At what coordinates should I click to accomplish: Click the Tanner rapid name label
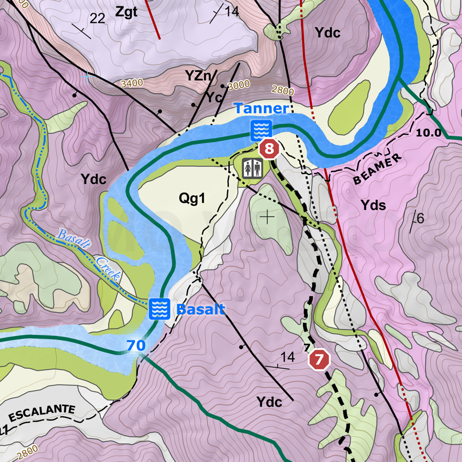pyautogui.click(x=261, y=109)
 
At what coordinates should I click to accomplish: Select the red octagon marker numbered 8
pyautogui.click(x=269, y=148)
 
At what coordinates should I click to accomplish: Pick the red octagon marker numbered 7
pyautogui.click(x=319, y=360)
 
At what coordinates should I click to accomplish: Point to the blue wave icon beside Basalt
pyautogui.click(x=159, y=309)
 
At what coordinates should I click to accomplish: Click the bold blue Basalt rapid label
pyautogui.click(x=200, y=309)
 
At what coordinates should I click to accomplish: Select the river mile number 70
pyautogui.click(x=136, y=345)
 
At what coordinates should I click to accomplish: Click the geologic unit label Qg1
pyautogui.click(x=192, y=199)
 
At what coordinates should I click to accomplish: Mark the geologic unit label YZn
pyautogui.click(x=198, y=76)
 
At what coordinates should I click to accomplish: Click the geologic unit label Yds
pyautogui.click(x=373, y=205)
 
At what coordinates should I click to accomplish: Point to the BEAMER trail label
pyautogui.click(x=378, y=170)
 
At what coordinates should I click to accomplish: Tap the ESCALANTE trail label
pyautogui.click(x=41, y=411)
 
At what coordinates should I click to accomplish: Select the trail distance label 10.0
pyautogui.click(x=428, y=133)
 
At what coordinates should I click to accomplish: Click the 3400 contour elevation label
pyautogui.click(x=132, y=83)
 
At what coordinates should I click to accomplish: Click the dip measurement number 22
pyautogui.click(x=97, y=19)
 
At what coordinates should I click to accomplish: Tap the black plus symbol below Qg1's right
pyautogui.click(x=268, y=217)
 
